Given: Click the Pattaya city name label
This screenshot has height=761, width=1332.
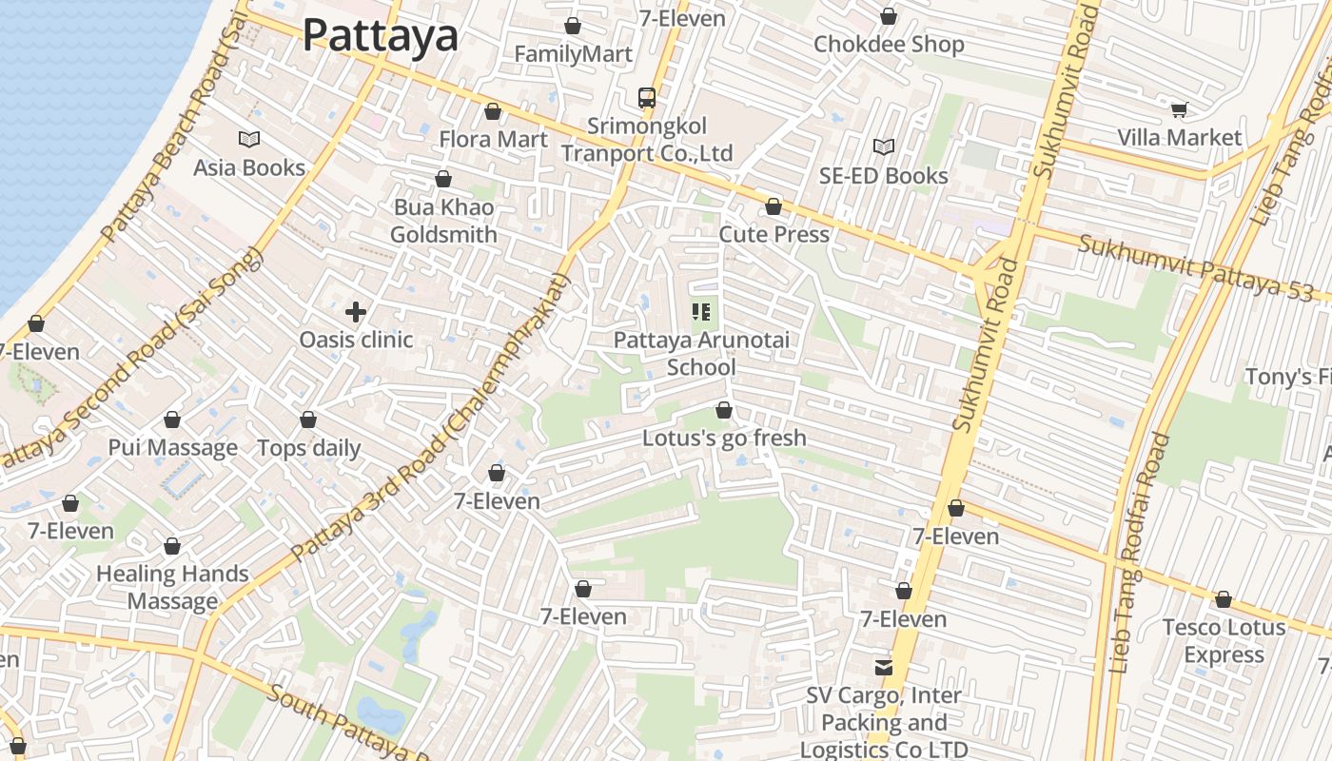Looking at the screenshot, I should point(381,36).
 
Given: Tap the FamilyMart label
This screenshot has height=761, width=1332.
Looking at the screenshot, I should point(573,54).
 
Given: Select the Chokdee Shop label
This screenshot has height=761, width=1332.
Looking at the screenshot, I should point(889,45).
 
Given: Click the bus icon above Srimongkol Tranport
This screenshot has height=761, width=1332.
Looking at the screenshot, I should point(646,97).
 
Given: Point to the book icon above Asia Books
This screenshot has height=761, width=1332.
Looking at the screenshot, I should point(249,140).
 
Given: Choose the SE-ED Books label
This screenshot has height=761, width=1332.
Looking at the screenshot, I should point(884,176).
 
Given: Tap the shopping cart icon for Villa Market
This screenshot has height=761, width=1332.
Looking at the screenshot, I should point(1179,110).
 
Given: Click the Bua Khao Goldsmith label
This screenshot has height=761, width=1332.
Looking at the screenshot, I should point(443,221).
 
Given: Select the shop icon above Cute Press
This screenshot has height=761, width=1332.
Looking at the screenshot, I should point(774,206).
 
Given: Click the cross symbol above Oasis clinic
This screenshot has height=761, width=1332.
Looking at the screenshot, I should point(356,312).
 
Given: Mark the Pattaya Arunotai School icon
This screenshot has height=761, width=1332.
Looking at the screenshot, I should point(702,312).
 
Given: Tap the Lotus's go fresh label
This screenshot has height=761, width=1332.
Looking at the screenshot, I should point(724,439).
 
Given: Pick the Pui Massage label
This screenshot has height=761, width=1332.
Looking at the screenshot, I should point(172,448).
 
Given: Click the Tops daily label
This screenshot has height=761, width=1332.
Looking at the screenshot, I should point(309,448).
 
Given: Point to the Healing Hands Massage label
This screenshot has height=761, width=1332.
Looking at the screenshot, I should point(172,588).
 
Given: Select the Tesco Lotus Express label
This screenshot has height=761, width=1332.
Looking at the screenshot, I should point(1224,641).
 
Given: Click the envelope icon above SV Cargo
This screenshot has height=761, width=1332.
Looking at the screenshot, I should point(884,668).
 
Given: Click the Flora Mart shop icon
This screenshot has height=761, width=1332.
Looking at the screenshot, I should point(493,112).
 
